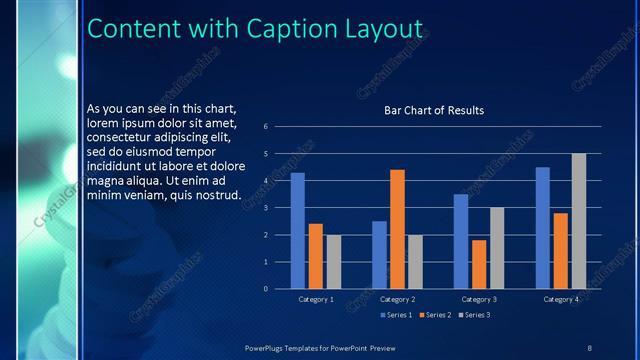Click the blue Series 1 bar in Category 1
[x=297, y=231]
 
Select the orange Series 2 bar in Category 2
[x=397, y=229]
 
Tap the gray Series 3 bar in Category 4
[x=579, y=221]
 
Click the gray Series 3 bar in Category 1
[x=334, y=262]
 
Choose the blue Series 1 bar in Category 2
[x=379, y=255]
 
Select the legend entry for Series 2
[x=435, y=315]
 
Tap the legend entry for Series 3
[x=475, y=315]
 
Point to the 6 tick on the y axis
[x=266, y=127]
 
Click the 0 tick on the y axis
[x=266, y=289]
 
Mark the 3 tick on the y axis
[x=266, y=208]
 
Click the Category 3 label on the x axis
[x=479, y=299]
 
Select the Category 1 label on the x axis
[x=315, y=299]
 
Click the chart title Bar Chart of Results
[x=434, y=111]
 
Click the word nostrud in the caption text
[x=215, y=194]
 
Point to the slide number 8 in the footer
[x=589, y=347]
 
